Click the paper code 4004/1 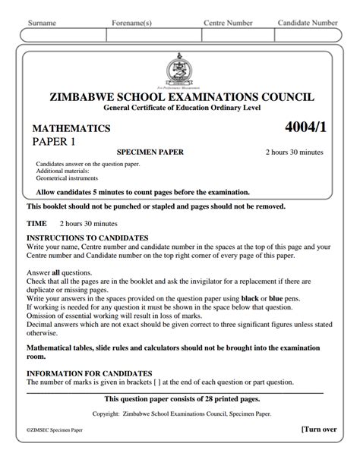[x=304, y=126]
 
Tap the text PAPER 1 [x=55, y=142]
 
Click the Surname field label [x=42, y=24]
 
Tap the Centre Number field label [x=228, y=24]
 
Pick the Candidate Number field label [x=308, y=24]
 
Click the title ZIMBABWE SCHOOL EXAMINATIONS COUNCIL [x=180, y=98]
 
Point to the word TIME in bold [x=36, y=224]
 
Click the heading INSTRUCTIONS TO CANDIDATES [x=87, y=238]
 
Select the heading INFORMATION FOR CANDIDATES [x=89, y=373]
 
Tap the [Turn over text [x=319, y=429]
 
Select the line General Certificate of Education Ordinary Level [x=181, y=109]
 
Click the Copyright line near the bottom [x=181, y=414]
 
